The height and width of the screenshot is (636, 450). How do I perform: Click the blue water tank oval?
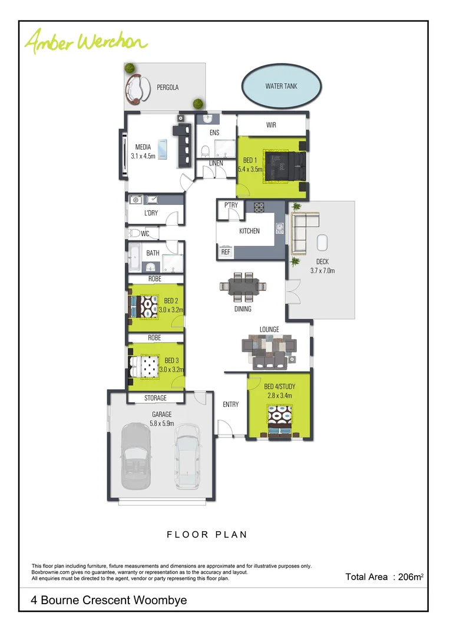282,86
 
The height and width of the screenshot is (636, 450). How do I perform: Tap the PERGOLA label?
167,87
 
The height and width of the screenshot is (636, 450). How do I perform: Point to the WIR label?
271,125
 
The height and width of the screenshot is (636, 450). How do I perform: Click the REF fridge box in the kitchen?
225,251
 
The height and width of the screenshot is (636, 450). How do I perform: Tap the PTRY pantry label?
231,206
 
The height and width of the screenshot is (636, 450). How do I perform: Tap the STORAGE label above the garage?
155,398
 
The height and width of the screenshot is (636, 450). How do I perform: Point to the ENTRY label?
231,405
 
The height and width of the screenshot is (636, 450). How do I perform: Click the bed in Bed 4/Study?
279,423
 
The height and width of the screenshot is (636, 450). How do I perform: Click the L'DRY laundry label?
151,213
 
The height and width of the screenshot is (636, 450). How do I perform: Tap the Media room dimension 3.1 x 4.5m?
143,157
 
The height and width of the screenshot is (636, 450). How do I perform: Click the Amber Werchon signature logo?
85,41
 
